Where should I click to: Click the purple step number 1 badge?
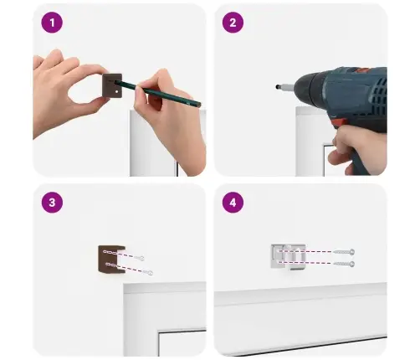[x=52, y=23]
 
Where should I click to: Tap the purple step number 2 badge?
[x=233, y=23]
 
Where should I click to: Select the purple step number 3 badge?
[x=52, y=203]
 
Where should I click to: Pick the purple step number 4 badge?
[x=233, y=203]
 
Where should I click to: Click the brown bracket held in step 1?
[x=112, y=85]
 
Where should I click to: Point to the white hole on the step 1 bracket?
[x=116, y=91]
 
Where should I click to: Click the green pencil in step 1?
[x=157, y=93]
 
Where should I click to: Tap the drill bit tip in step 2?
[x=277, y=87]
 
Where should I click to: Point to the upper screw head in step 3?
[x=141, y=258]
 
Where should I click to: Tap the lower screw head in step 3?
[x=150, y=273]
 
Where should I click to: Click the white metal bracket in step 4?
[x=288, y=257]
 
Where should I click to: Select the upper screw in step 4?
[x=344, y=252]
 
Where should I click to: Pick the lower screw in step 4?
[x=344, y=264]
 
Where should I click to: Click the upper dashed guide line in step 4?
[x=305, y=251]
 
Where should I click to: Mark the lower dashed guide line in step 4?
[x=305, y=263]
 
